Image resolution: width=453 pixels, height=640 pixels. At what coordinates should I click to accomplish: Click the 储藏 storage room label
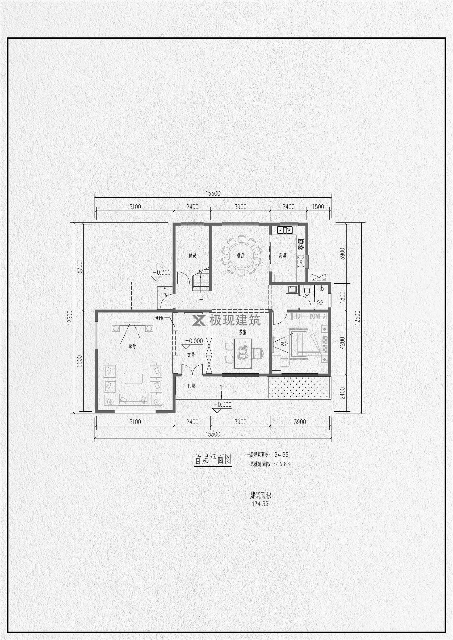coord(193,256)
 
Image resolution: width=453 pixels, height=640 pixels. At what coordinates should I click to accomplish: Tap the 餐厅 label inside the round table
coord(240,255)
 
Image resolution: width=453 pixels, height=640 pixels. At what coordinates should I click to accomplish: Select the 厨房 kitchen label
coord(283,255)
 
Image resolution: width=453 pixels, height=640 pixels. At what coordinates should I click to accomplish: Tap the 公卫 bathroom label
coord(320,302)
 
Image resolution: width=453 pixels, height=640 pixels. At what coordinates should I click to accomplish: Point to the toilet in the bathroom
coord(306,290)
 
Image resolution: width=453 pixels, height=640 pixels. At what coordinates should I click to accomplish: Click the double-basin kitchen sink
coord(284,230)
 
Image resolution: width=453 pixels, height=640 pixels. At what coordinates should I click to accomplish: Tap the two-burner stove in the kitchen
coord(301,244)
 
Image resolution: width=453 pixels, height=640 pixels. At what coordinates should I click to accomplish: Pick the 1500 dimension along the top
coord(318,207)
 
